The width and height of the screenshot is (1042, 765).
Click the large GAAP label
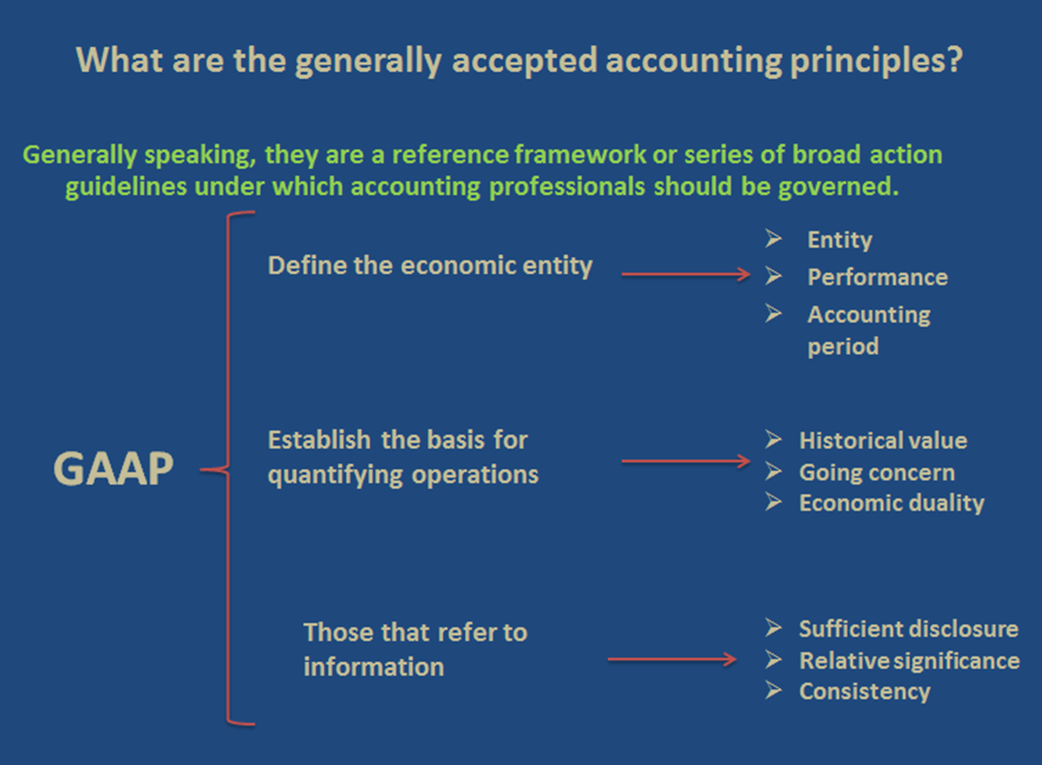click(x=113, y=469)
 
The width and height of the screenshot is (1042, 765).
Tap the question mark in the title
click(x=955, y=59)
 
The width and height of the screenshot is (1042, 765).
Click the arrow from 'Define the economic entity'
click(x=686, y=274)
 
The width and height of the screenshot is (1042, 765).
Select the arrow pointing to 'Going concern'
click(x=686, y=461)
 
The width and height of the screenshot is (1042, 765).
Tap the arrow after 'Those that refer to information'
click(x=673, y=660)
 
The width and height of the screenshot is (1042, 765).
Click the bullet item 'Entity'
click(x=840, y=240)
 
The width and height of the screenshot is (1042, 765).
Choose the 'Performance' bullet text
click(x=877, y=277)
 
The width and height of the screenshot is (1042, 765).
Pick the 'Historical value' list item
click(x=883, y=441)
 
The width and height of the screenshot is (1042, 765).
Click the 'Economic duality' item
click(x=891, y=503)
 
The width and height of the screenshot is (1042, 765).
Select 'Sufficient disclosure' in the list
click(x=908, y=628)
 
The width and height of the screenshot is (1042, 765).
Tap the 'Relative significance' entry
click(x=909, y=660)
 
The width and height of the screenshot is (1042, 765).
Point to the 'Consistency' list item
click(x=865, y=692)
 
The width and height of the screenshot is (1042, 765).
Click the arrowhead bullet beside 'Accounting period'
click(x=773, y=312)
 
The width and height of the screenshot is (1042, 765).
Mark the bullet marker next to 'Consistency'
click(x=773, y=690)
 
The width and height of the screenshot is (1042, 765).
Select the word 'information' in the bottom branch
click(x=374, y=667)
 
